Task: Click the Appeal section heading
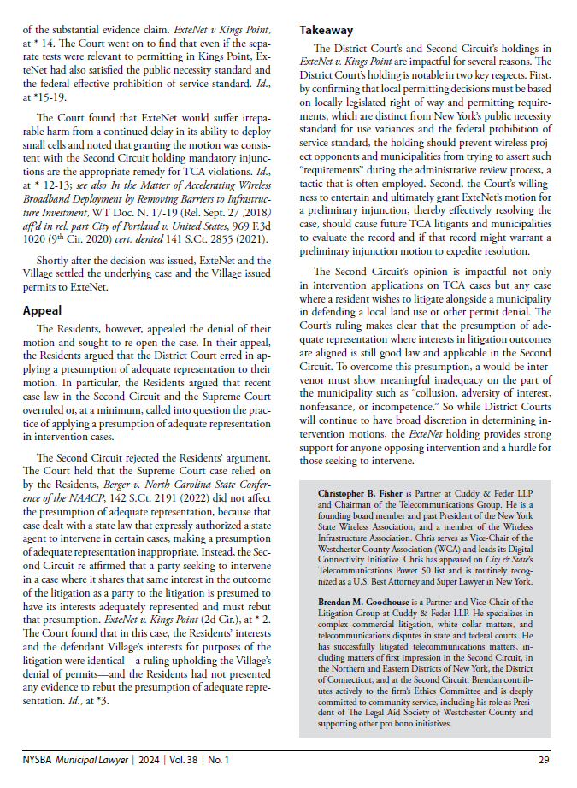44,311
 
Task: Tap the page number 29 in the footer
544,760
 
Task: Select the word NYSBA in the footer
40,760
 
